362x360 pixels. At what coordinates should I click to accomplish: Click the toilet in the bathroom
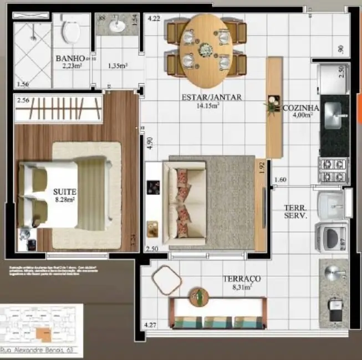point(71,30)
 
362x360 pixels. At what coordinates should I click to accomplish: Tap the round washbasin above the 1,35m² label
point(116,25)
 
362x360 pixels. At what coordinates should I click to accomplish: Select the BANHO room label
point(70,58)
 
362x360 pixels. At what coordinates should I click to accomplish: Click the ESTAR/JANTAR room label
point(212,97)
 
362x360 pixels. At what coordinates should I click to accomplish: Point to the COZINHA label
point(300,108)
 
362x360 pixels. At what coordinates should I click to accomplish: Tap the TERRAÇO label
point(242,279)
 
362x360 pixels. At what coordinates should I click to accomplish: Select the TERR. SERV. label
point(296,210)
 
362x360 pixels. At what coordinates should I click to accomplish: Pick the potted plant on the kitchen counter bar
point(272,105)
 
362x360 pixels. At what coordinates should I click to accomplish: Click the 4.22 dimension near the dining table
point(154,19)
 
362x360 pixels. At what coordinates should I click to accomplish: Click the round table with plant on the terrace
point(197,297)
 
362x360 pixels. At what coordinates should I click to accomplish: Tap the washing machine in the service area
point(332,238)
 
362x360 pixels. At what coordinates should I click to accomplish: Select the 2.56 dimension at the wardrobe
point(23,101)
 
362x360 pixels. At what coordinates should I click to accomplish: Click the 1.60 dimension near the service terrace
point(281,179)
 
